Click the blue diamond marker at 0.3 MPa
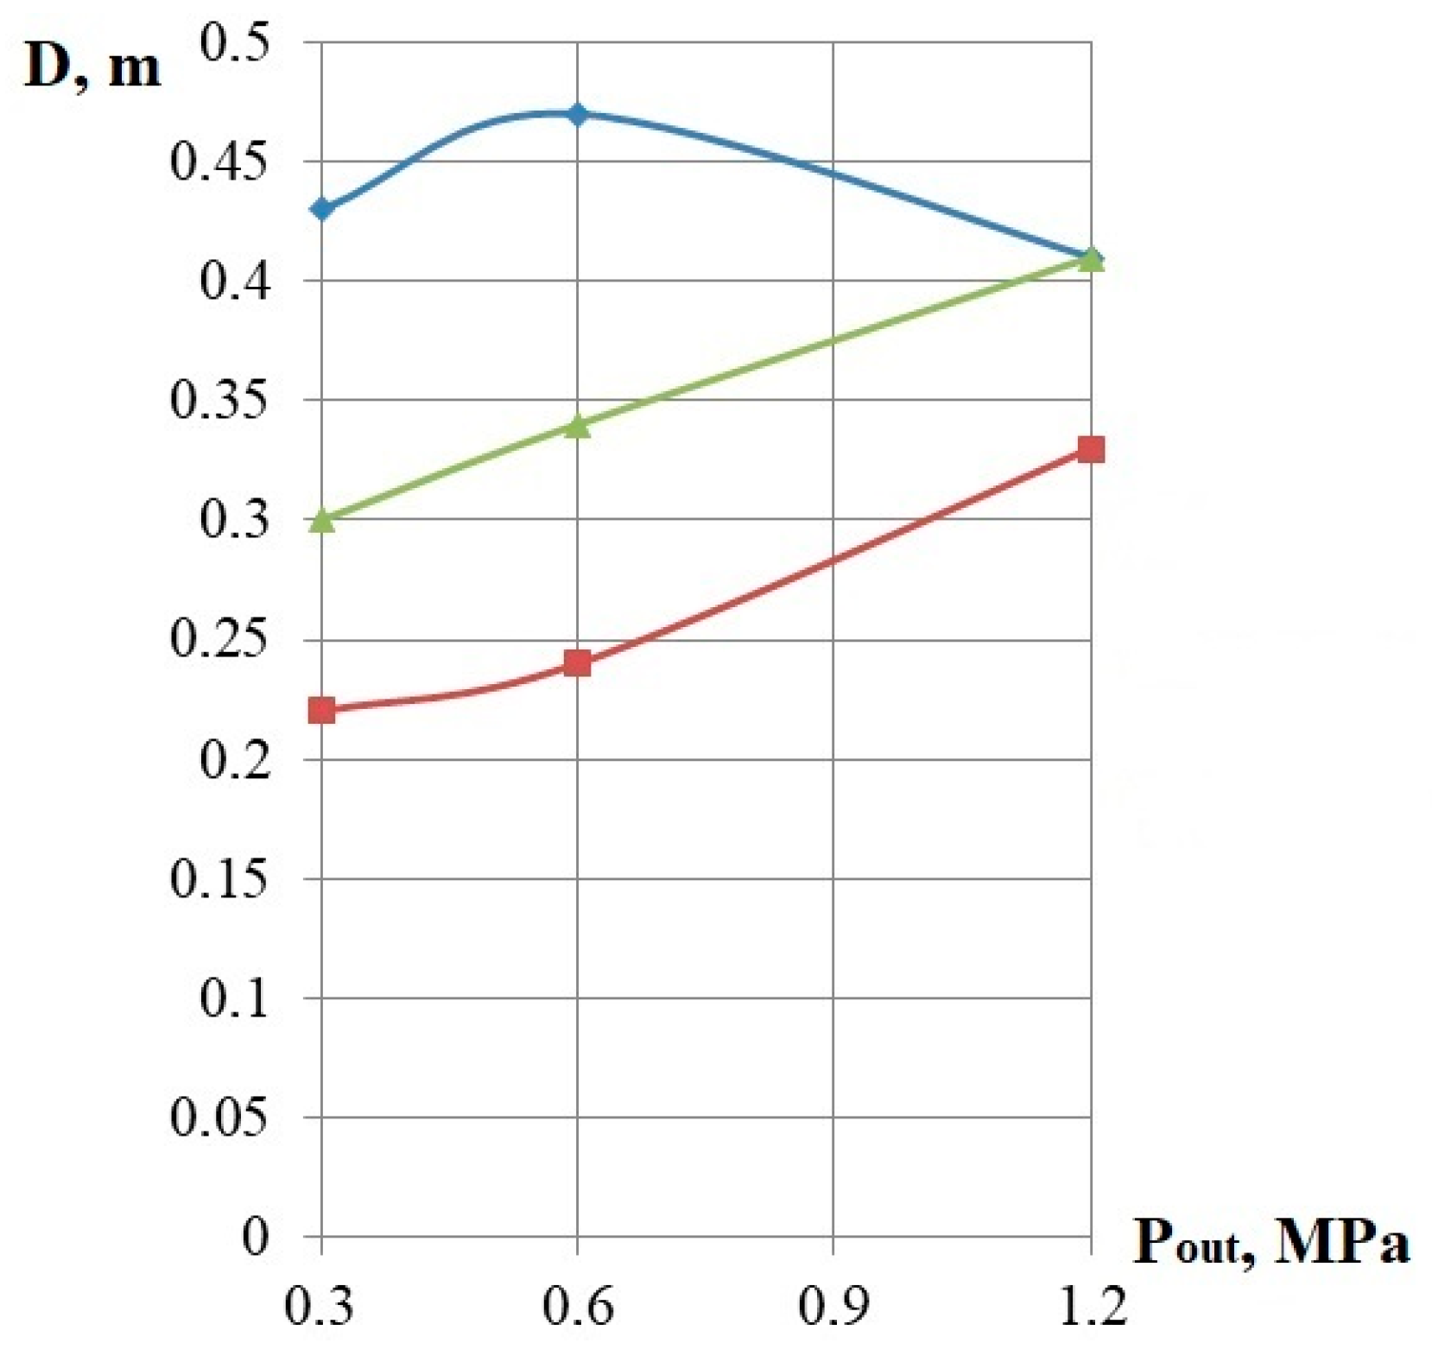click(x=322, y=209)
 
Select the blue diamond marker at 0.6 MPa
click(x=578, y=114)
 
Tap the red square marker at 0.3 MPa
click(x=322, y=711)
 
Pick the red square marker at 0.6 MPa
click(x=577, y=663)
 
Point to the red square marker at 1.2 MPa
click(x=1091, y=449)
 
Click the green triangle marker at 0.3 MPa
click(x=322, y=520)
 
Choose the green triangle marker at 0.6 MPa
click(x=578, y=426)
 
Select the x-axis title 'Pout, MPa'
click(x=1270, y=1245)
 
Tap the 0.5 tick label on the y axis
click(x=235, y=41)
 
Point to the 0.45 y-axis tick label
click(x=219, y=162)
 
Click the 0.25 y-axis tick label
click(x=219, y=640)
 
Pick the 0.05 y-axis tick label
click(x=219, y=1118)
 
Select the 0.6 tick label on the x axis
click(x=577, y=1307)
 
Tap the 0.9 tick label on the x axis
click(x=833, y=1307)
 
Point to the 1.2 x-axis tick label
click(x=1091, y=1307)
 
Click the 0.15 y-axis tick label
click(x=219, y=879)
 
